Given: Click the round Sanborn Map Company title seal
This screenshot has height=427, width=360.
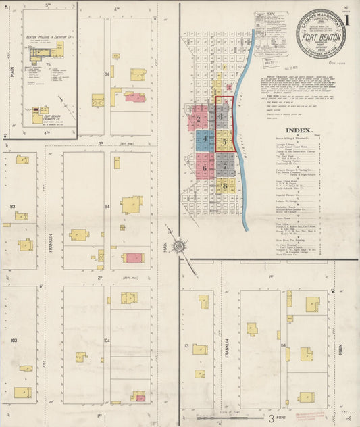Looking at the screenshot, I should coord(319,33).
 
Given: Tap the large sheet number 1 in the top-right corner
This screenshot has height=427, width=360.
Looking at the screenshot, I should coord(346,20).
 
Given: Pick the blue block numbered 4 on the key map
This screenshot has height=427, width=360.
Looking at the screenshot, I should coord(204,140).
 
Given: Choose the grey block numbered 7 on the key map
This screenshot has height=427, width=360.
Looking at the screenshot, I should coord(225,165).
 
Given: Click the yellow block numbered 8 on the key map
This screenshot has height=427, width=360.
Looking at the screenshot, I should coord(224,185).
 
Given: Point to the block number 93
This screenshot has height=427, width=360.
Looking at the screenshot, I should coord(12,206).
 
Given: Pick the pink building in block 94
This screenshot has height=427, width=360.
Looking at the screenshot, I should coord(134,257).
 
